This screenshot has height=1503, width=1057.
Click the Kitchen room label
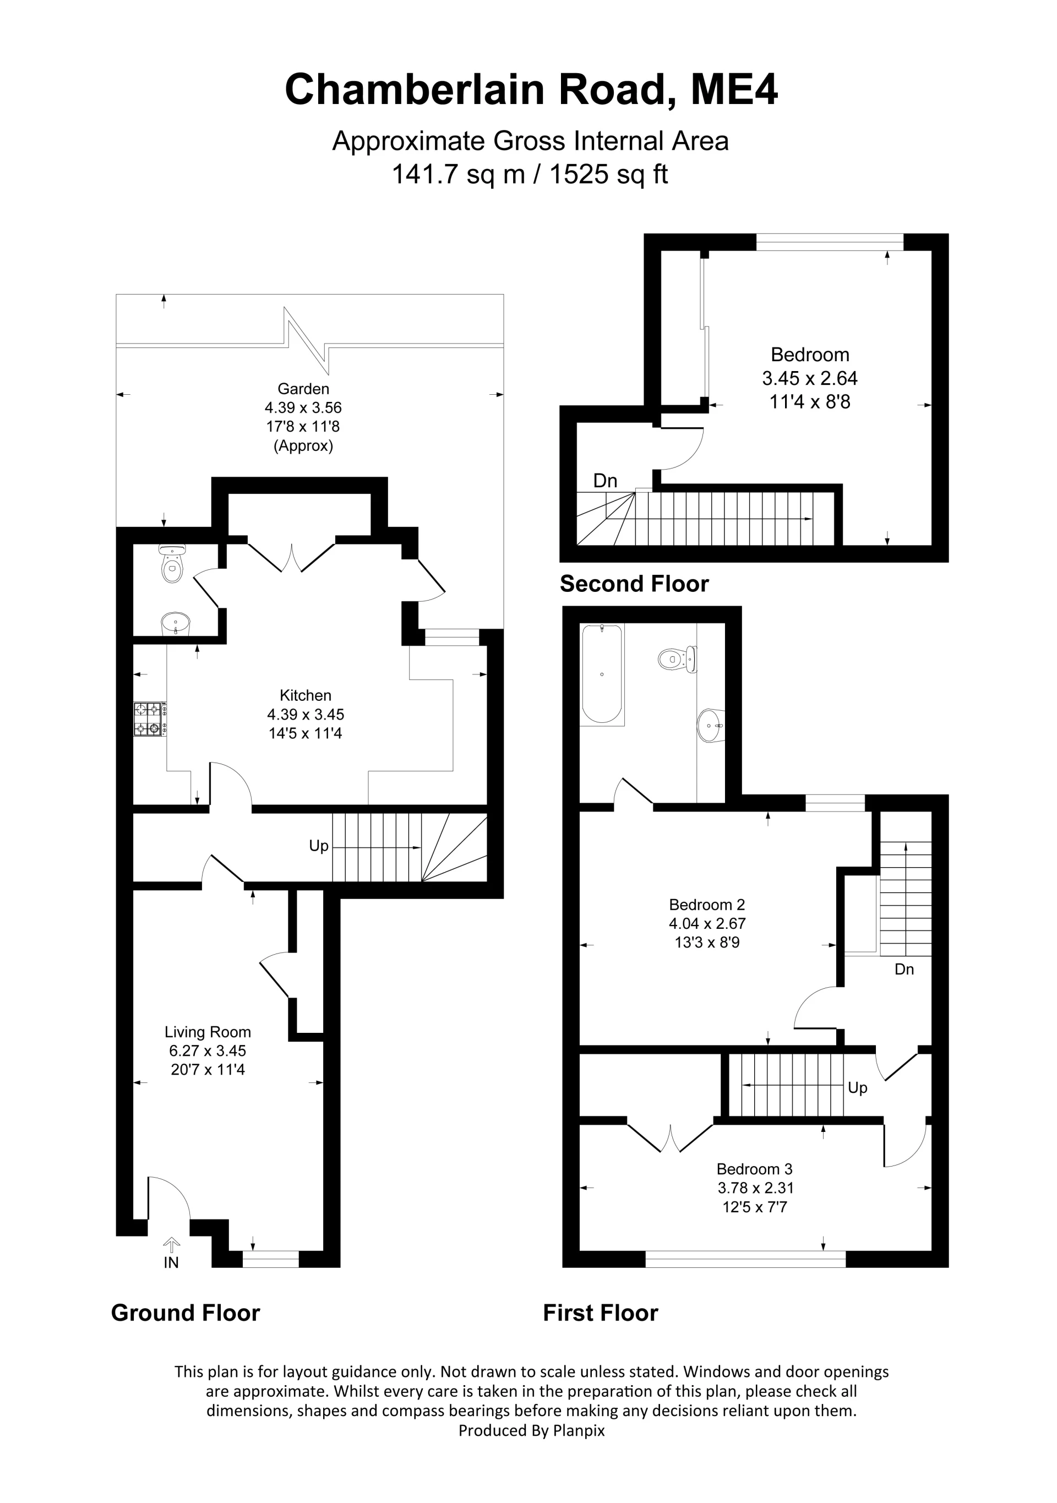(305, 695)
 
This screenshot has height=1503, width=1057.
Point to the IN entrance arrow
(171, 1244)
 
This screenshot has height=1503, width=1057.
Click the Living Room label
(208, 1032)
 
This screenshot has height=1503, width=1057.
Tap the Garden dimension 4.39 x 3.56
(303, 408)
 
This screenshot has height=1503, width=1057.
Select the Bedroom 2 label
(707, 905)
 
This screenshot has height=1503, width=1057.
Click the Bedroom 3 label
(754, 1169)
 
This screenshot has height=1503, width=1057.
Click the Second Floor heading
(634, 584)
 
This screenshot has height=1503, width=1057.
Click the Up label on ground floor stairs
(319, 846)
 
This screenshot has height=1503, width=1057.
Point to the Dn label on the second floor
(605, 481)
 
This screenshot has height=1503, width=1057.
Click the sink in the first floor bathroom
(711, 725)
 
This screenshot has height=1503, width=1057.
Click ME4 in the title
(734, 90)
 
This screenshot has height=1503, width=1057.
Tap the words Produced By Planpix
(531, 1430)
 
